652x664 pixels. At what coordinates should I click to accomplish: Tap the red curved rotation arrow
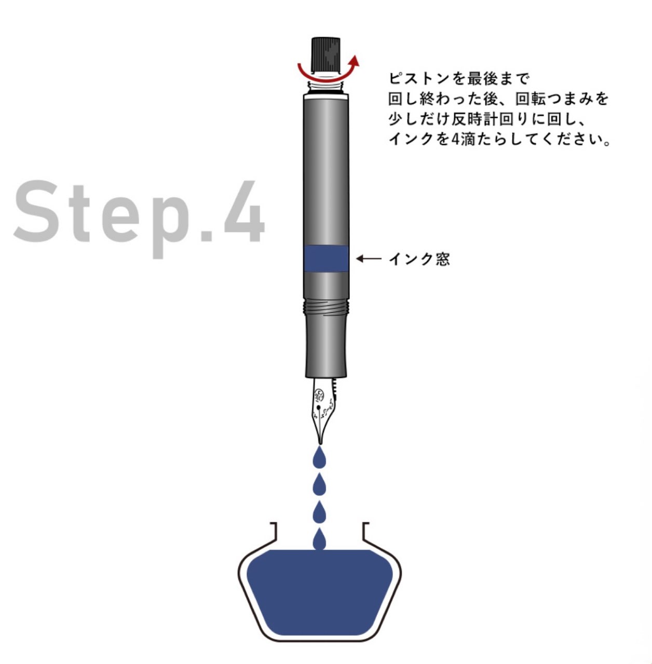click(327, 71)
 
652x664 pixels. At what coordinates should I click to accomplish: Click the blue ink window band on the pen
click(326, 259)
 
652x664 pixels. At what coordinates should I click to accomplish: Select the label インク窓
click(419, 259)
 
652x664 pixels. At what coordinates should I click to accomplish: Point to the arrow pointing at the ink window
click(369, 258)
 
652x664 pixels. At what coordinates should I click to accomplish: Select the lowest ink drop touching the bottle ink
click(320, 541)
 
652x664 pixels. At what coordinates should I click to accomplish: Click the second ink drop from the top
click(320, 485)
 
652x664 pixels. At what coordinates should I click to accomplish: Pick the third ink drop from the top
click(320, 513)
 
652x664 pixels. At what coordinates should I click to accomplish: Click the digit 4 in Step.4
click(244, 213)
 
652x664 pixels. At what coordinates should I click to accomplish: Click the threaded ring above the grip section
click(326, 307)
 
